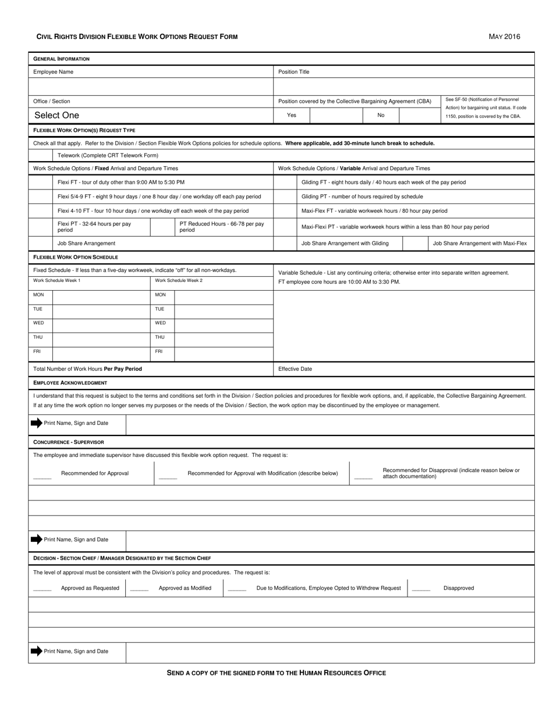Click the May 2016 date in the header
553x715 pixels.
[x=504, y=37]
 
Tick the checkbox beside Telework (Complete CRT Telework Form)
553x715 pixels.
[x=40, y=155]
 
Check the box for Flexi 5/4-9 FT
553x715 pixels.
[x=40, y=196]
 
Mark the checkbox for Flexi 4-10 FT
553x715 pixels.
[x=40, y=210]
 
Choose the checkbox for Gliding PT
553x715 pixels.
[x=285, y=196]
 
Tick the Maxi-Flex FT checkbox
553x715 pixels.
[x=285, y=210]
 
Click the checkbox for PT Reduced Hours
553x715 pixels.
[x=162, y=227]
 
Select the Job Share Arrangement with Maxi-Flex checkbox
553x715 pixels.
[x=416, y=243]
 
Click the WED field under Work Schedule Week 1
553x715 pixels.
[x=101, y=323]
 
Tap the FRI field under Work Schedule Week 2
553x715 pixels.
[x=224, y=352]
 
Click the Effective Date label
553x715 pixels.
[x=295, y=369]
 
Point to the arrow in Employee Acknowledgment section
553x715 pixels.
[x=37, y=423]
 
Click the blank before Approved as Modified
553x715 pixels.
[x=139, y=591]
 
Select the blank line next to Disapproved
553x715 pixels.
[x=421, y=591]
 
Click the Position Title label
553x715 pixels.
[x=294, y=72]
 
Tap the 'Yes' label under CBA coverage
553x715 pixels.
[x=292, y=115]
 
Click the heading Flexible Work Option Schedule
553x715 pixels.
[x=76, y=257]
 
